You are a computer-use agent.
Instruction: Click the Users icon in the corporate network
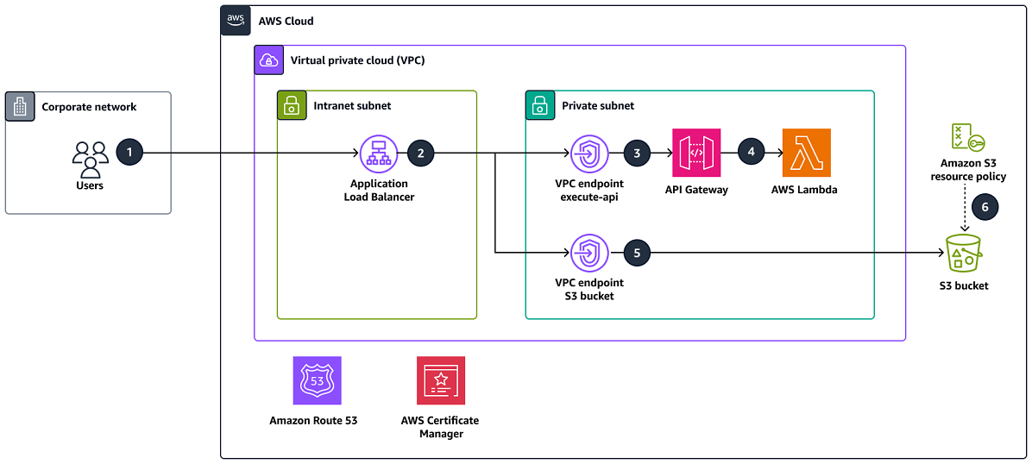tap(90, 159)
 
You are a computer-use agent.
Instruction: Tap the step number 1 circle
tap(129, 153)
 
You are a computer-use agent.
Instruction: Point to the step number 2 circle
tap(420, 153)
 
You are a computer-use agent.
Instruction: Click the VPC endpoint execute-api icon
tap(589, 154)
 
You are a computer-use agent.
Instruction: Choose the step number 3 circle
tap(637, 153)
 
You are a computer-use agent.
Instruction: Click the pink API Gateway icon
tap(696, 153)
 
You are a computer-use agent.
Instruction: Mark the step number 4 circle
tap(751, 153)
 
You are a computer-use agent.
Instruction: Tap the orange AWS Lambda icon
tap(806, 153)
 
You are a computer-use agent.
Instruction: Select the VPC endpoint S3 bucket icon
tap(589, 253)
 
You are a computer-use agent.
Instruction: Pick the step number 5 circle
tap(637, 253)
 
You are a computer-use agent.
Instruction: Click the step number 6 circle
tap(985, 207)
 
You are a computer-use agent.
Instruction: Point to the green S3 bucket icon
tap(965, 252)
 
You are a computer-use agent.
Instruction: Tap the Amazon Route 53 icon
tap(317, 380)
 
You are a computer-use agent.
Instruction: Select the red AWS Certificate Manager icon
tap(440, 380)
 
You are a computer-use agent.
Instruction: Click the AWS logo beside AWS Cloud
tap(236, 20)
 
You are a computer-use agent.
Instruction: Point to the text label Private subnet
tap(598, 105)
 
